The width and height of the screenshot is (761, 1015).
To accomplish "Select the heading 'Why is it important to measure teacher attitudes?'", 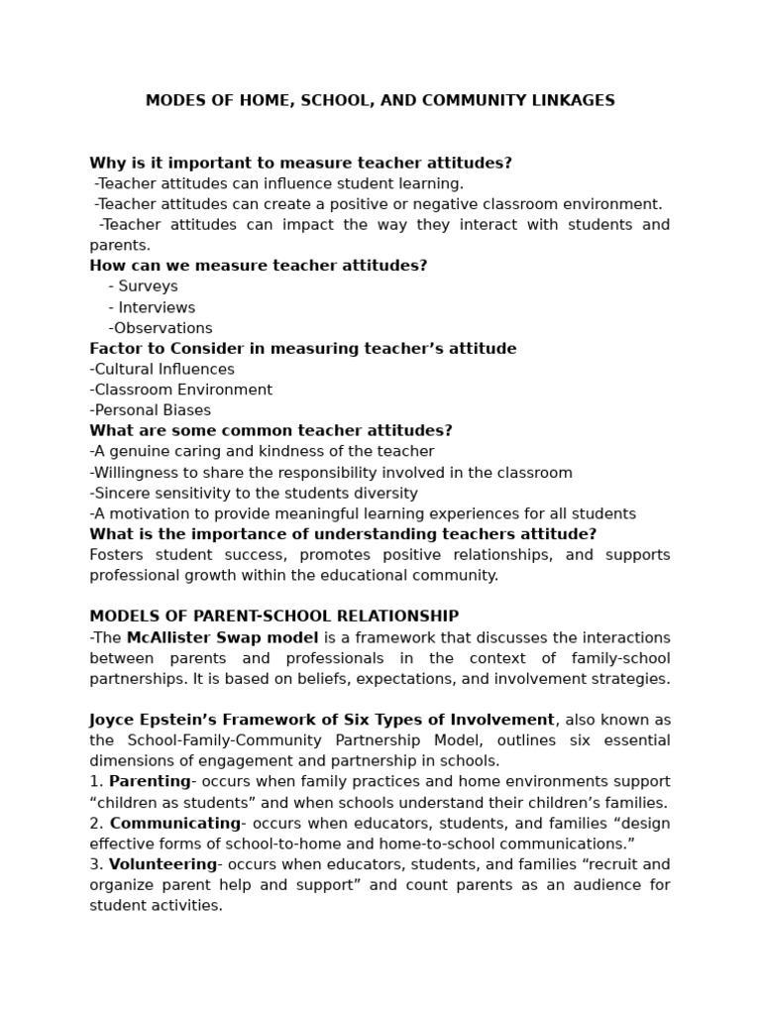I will tap(300, 164).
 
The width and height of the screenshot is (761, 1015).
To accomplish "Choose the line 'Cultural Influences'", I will tap(163, 370).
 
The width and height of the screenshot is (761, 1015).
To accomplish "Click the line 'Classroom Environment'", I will tap(181, 391).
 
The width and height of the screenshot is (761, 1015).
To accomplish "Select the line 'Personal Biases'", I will tap(151, 410).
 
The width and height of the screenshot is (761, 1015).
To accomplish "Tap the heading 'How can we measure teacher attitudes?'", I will tap(259, 266).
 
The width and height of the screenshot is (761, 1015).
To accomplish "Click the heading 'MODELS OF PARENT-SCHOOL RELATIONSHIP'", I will tap(274, 617).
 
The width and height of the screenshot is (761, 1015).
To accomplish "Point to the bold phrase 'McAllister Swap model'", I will tap(222, 637).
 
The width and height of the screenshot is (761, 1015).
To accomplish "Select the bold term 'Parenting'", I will tap(150, 782).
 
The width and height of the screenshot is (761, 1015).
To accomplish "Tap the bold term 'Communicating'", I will tap(174, 824).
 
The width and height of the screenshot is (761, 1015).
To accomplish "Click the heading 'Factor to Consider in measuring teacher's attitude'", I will tap(303, 349).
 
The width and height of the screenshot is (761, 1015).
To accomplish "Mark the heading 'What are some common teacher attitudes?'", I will tap(271, 431).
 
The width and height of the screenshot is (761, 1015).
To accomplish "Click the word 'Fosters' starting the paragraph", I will tap(117, 555).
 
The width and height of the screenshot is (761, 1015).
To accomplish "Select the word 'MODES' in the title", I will tap(171, 101).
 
